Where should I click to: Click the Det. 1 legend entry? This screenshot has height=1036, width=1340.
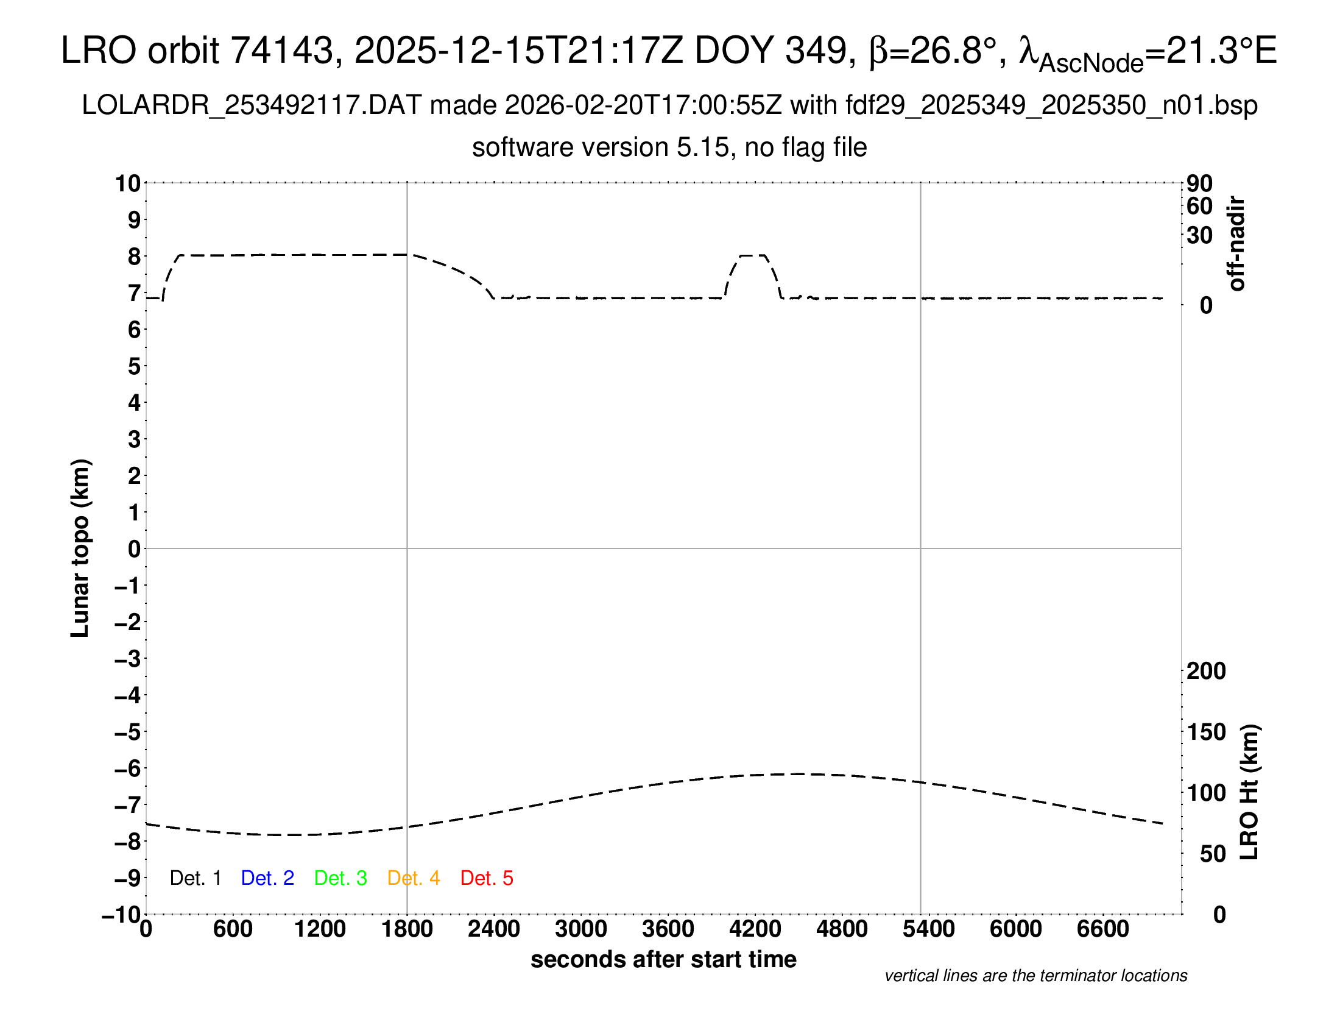coord(195,878)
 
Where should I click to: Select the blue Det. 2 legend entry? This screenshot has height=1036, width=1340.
coord(267,878)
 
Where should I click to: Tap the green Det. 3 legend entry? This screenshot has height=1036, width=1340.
coord(340,878)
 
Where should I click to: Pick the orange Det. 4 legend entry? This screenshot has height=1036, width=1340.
coord(414,878)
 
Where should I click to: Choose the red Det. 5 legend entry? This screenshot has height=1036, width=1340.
coord(487,878)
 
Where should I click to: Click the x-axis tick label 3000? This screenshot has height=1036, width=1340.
coord(580,929)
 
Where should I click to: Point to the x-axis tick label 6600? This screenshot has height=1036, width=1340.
coord(1102,929)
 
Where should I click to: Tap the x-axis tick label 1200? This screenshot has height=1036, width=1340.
coord(320,929)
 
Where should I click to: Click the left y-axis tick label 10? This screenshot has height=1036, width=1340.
coord(129,183)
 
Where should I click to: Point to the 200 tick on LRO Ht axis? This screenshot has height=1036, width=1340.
coord(1206,671)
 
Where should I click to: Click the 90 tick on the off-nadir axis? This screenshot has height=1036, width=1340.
coord(1199,183)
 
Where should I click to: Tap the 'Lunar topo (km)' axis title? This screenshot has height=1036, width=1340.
coord(80,548)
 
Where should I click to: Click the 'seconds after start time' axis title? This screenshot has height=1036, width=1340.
coord(663,959)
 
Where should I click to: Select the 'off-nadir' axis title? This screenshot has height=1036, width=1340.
coord(1236,244)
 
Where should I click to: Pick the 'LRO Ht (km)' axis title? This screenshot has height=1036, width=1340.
coord(1249,792)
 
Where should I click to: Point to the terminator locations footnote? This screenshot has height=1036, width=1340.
coord(1035,976)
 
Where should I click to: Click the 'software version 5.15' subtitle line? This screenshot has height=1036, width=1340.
coord(669,147)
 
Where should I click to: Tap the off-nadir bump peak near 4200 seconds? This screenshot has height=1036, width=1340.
coord(753,255)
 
